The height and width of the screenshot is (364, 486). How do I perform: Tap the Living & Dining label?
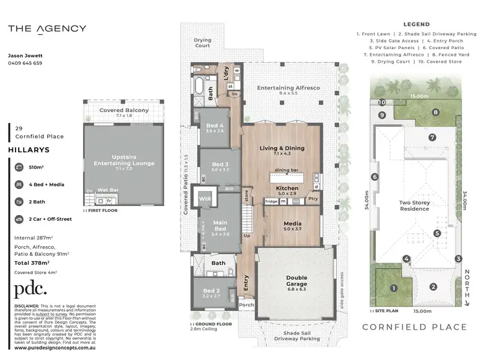tap(282, 148)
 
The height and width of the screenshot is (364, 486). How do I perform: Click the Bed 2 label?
tap(212, 291)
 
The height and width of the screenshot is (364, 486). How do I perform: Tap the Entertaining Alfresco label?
tap(288, 87)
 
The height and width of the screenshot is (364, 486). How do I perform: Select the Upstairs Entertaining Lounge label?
tap(124, 160)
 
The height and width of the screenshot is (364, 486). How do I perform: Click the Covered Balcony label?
tap(124, 111)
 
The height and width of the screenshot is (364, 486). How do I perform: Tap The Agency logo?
tap(47, 28)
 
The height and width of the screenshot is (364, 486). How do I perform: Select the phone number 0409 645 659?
tap(25, 63)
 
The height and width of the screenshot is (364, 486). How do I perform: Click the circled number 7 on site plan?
tap(432, 137)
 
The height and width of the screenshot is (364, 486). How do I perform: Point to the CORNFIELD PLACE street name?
tap(414, 327)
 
